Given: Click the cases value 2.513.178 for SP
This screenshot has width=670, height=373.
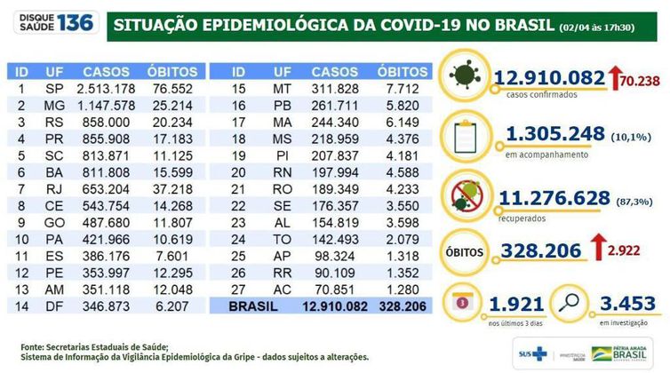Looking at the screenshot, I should click(107, 89).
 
